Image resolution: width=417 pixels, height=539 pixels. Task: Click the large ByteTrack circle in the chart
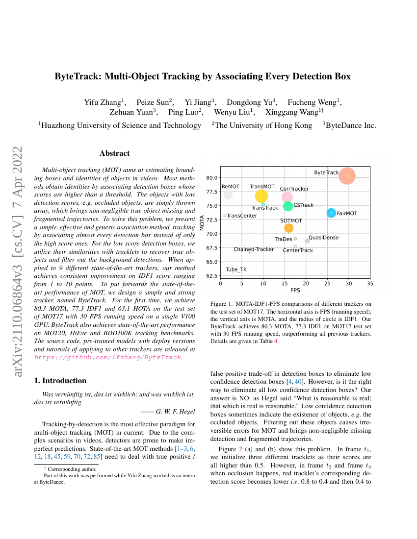tap(347, 175)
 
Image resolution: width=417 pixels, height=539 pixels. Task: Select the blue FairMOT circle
tap(332, 213)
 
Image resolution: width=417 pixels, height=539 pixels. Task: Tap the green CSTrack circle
tap(288, 206)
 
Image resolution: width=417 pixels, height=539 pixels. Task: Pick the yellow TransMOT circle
tap(261, 196)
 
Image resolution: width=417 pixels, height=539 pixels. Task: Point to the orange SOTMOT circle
tap(288, 228)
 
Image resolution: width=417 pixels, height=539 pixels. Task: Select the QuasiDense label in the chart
tap(323, 238)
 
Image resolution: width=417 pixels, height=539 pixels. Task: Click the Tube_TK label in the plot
tap(236, 269)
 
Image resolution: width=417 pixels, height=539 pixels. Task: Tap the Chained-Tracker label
tap(254, 249)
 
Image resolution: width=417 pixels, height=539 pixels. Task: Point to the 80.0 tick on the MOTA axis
tap(211, 177)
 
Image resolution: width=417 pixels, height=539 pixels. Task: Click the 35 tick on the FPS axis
tap(370, 284)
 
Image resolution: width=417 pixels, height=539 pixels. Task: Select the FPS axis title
tap(295, 290)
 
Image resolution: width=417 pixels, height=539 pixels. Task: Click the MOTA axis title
tap(203, 223)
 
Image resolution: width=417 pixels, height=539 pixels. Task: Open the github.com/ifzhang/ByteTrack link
tap(107, 358)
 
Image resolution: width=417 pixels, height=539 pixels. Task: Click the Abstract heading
tap(114, 153)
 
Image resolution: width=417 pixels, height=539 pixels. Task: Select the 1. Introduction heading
tap(60, 381)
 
